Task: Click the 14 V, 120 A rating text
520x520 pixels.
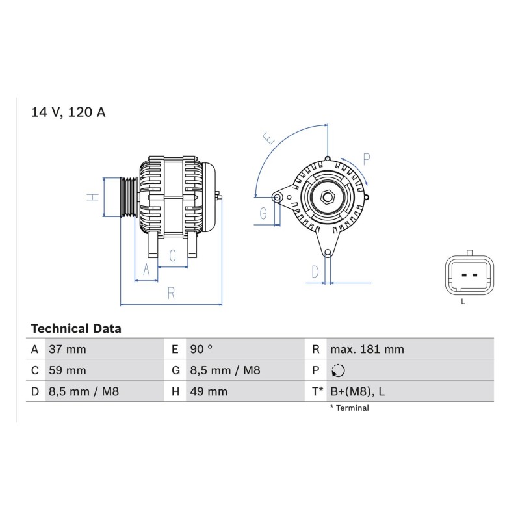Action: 68,112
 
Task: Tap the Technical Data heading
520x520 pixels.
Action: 76,329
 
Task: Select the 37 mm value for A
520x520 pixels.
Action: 68,349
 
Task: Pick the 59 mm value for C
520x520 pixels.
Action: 68,370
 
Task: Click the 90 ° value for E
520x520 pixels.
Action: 201,349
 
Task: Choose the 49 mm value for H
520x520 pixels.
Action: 209,392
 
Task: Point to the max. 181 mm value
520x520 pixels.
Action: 367,349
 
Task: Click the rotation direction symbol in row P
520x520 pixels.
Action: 338,370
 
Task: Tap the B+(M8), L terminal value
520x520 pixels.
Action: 357,392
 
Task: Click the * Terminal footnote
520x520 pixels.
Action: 350,408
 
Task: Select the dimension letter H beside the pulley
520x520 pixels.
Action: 93,197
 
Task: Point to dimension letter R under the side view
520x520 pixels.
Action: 171,294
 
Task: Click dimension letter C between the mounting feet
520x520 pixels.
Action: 172,255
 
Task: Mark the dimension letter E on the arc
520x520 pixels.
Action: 268,138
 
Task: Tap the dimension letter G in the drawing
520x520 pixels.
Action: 263,213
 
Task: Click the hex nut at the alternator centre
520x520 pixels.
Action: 328,198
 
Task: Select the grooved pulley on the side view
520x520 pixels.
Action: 129,198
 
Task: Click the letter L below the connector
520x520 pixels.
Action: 463,302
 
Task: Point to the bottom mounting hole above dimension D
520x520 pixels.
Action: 328,253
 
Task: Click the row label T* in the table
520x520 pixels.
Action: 317,392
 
